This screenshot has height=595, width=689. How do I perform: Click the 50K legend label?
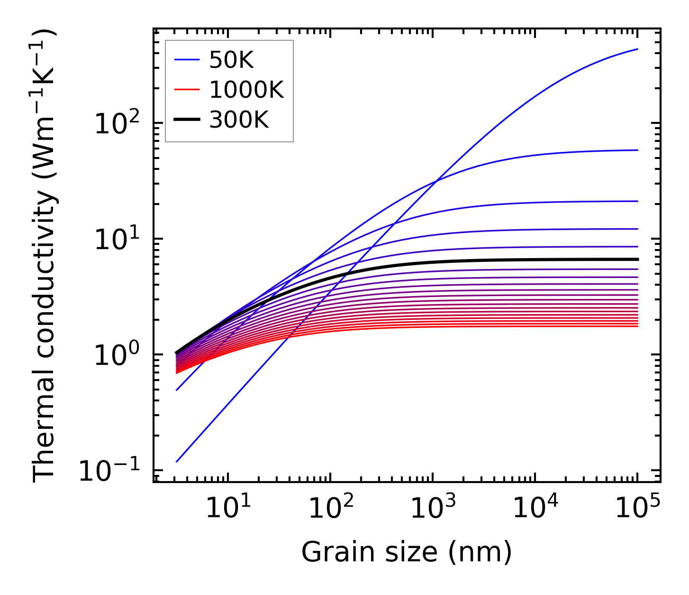coord(231,60)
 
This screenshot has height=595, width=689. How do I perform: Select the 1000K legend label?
coord(246,90)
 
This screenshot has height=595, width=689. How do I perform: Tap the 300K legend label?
coord(239,121)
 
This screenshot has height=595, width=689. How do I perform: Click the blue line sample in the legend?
coord(188,60)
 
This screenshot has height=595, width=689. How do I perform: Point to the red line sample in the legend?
coord(188,90)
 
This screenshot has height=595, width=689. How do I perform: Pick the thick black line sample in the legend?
coord(188,121)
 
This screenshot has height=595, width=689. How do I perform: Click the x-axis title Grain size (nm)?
coord(407,552)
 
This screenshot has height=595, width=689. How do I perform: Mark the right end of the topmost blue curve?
coord(638,49)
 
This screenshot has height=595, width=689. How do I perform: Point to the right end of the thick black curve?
coord(638,259)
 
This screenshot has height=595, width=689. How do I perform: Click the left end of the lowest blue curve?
coord(176,462)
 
